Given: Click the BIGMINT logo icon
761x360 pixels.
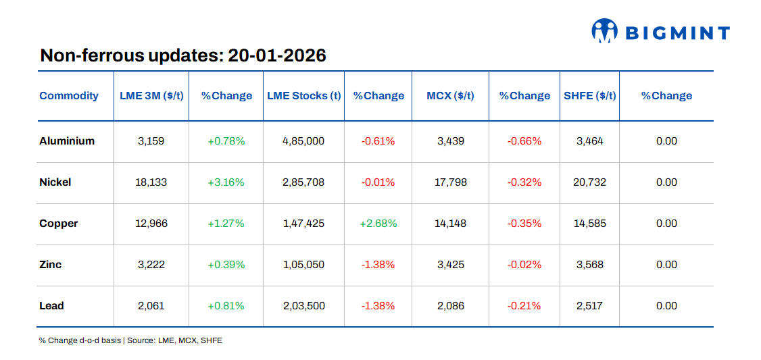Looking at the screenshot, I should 605,31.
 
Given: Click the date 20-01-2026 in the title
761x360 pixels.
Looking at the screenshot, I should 277,55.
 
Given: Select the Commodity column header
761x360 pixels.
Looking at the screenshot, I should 69,96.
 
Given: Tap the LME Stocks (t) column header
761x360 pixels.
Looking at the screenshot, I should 303,96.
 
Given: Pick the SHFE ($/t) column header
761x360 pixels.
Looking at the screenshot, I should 589,96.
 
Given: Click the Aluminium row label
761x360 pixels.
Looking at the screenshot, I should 67,141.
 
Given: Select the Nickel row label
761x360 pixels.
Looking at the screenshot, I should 55,182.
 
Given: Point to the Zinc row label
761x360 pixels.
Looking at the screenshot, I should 51,265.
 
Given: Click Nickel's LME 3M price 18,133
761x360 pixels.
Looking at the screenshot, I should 151,182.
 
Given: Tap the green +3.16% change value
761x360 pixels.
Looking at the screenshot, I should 226,182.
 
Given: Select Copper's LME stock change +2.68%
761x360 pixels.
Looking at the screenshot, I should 378,224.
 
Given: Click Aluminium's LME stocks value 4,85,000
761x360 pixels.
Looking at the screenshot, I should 303,141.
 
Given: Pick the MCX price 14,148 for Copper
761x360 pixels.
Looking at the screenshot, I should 451,224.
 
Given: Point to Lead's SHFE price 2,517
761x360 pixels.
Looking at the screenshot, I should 589,306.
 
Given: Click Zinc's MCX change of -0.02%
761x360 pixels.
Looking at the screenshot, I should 524,265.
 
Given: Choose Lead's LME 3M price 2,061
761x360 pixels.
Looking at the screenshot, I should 151,306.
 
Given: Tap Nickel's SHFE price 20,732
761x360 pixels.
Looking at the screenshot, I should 589,182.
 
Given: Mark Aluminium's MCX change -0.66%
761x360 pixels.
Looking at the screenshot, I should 524,141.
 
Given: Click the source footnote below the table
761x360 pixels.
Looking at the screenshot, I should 130,340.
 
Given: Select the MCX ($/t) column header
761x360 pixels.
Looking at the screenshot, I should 451,96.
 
